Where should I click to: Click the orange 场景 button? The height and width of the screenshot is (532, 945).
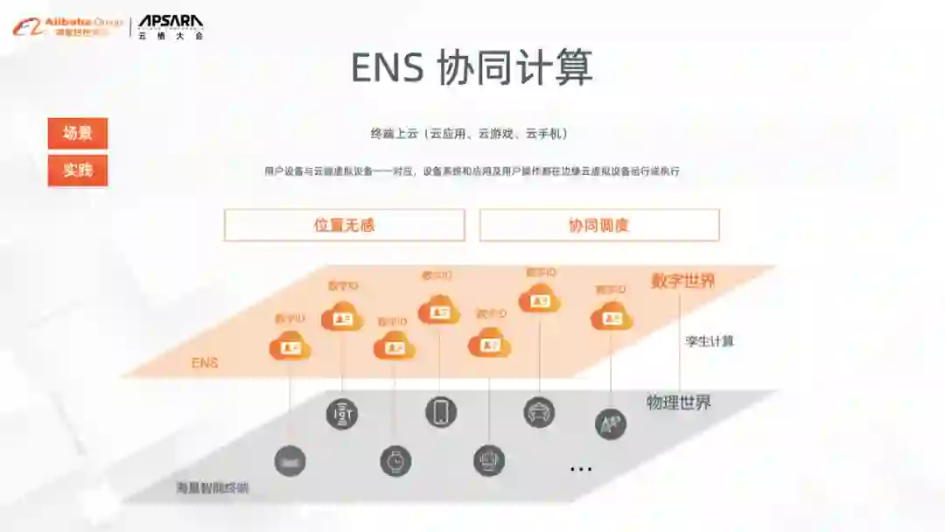click(78, 134)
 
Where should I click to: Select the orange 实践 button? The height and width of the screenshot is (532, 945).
click(78, 171)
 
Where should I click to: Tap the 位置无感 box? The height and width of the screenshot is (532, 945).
click(344, 225)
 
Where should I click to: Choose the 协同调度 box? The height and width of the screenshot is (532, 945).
click(599, 225)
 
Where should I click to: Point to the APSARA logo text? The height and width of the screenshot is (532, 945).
click(171, 22)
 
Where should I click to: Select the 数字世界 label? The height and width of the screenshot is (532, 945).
click(682, 281)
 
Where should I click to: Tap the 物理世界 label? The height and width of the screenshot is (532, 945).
click(678, 402)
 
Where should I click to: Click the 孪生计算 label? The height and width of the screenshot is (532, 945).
click(710, 341)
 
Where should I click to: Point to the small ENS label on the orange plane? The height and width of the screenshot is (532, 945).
click(205, 362)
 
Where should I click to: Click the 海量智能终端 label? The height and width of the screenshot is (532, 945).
click(212, 487)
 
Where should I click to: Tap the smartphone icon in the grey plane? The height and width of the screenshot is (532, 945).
click(441, 411)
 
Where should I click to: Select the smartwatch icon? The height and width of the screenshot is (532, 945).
click(395, 460)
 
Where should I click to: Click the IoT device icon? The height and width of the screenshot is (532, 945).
click(342, 413)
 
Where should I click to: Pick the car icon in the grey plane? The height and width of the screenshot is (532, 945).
click(539, 412)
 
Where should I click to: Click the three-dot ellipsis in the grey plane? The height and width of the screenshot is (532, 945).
click(581, 469)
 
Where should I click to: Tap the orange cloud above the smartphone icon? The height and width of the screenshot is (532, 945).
click(438, 310)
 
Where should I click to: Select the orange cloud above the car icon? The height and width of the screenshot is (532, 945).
click(539, 300)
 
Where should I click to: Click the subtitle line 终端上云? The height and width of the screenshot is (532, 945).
click(470, 134)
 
